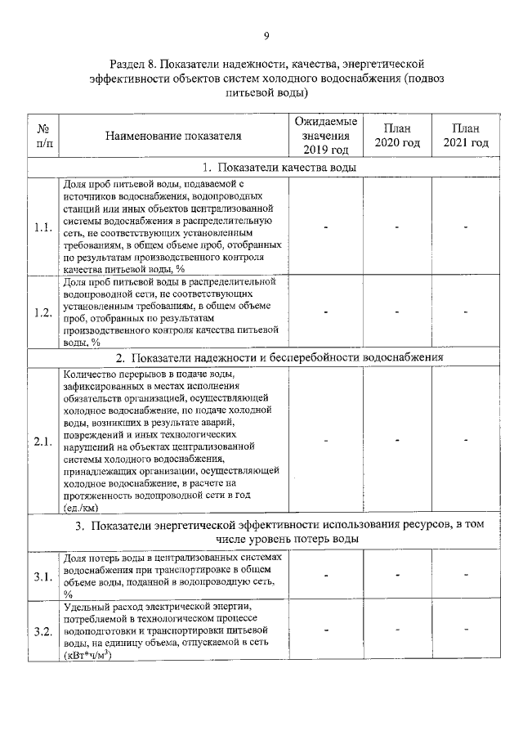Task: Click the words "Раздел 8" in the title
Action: [132, 64]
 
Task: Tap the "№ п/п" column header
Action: [43, 136]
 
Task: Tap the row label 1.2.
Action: [43, 312]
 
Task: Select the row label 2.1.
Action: [43, 442]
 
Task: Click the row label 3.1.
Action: [43, 576]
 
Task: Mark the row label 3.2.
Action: [43, 632]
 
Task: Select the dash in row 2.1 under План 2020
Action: [396, 442]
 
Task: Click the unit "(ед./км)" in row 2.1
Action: [80, 507]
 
